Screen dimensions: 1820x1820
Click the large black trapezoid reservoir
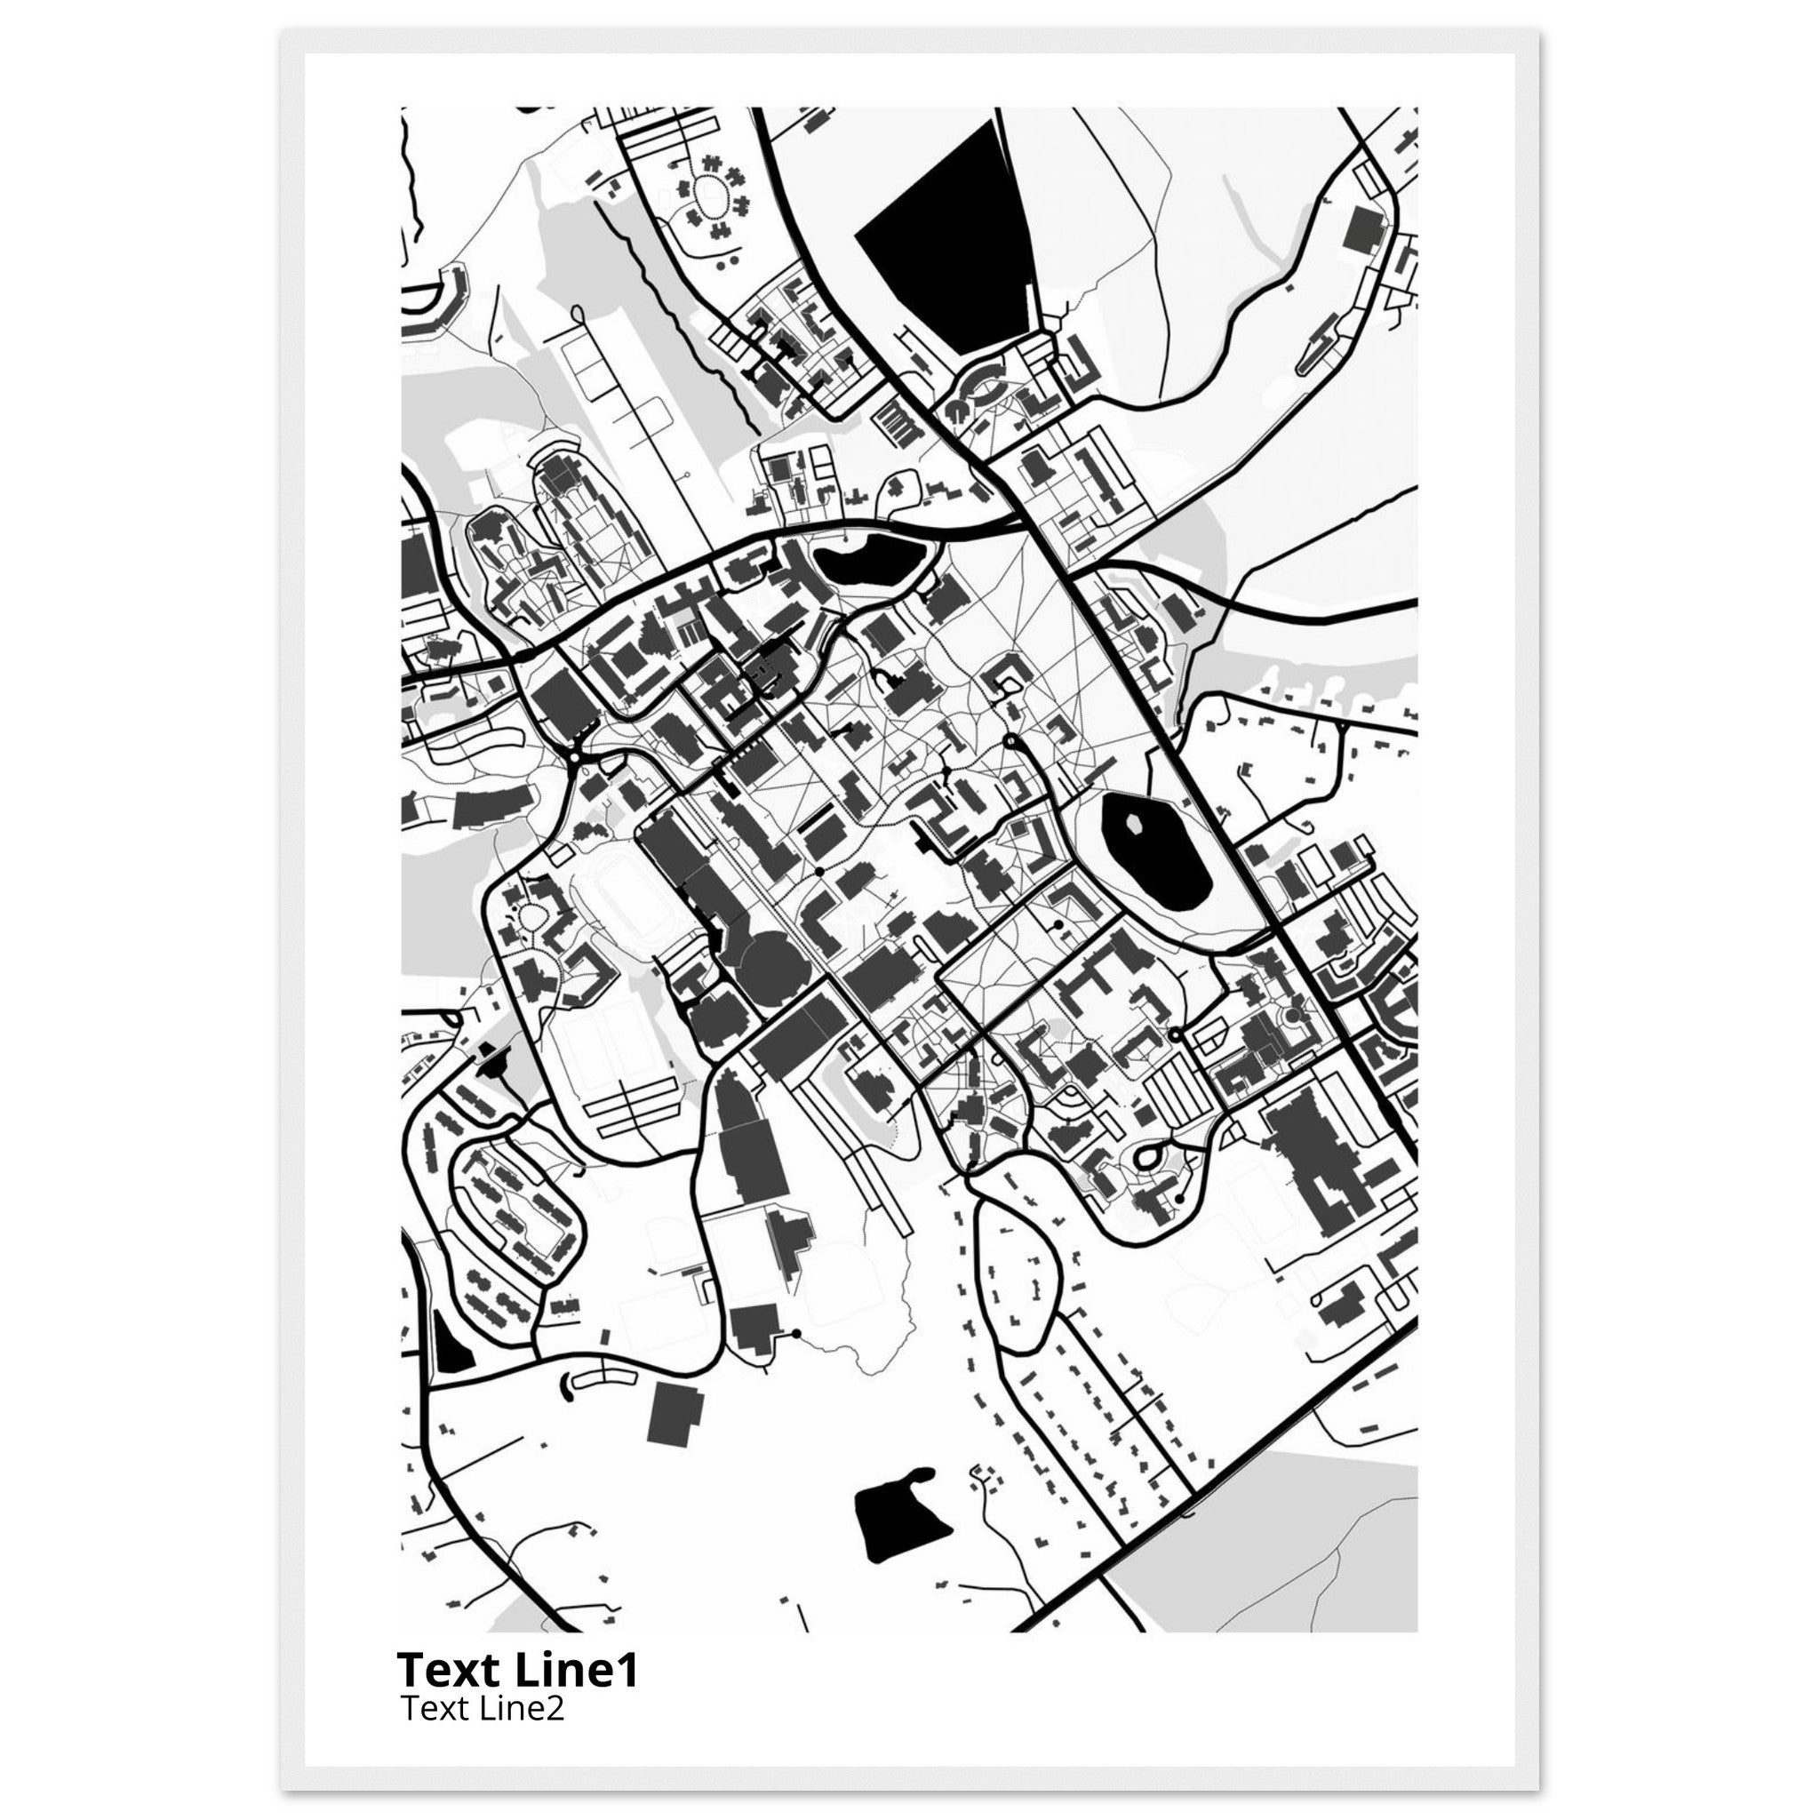[x=952, y=235]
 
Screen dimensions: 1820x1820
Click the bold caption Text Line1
[x=518, y=1669]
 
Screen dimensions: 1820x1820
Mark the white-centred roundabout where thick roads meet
[x=574, y=755]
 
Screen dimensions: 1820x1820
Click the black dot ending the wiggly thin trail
[x=798, y=1333]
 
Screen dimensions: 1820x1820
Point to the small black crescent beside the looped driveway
[x=567, y=1383]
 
